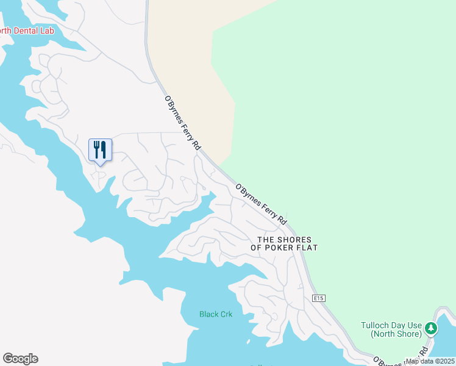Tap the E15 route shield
tap(316, 298)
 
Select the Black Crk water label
tap(216, 314)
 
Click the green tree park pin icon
tap(431, 329)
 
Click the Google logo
tap(20, 359)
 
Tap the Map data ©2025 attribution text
tap(430, 361)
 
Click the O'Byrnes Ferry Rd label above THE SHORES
tap(261, 204)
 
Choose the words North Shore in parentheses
tap(396, 334)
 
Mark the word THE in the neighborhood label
tap(267, 240)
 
